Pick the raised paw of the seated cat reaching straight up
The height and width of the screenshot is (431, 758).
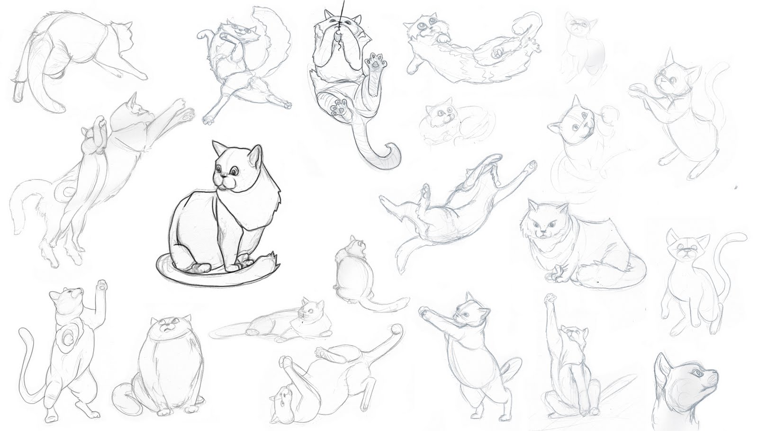550,299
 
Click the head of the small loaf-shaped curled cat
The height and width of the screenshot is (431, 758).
438,116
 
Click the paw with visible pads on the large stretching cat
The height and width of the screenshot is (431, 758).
189,113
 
